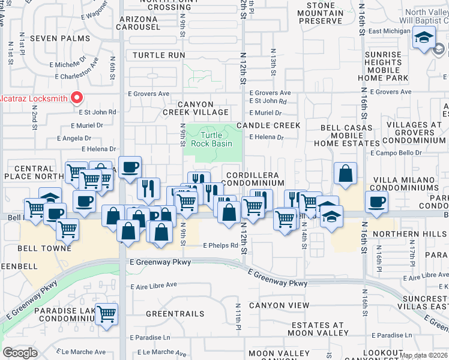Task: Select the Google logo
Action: [20, 353]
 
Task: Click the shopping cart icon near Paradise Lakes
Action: [106, 314]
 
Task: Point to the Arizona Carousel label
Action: [139, 23]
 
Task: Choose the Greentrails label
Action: [175, 314]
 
